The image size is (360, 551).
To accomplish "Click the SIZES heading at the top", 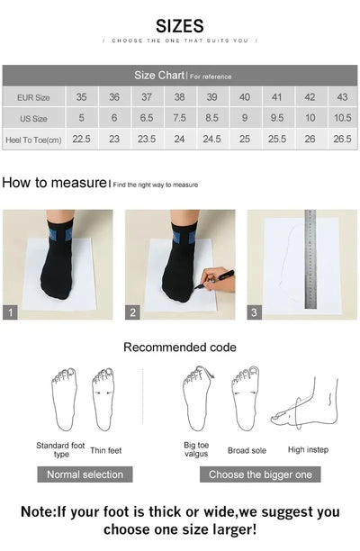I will (180, 26).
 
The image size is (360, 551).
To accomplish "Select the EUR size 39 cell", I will (212, 97).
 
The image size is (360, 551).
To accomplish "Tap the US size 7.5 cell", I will (179, 118).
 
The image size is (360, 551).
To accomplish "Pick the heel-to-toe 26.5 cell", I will (342, 139).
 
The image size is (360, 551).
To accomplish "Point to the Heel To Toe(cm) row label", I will (33, 140).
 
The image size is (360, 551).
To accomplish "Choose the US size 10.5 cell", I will (342, 118).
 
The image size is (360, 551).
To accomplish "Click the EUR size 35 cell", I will (81, 97).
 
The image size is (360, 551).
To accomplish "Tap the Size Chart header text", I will (159, 76).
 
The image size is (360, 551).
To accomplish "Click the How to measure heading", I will (54, 183).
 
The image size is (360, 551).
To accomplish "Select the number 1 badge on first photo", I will (10, 312).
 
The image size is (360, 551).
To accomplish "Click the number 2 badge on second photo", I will (132, 312).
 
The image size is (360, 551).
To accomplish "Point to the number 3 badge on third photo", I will (255, 312).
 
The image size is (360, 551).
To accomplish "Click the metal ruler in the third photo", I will (310, 258).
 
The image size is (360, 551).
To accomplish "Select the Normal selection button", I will (85, 474).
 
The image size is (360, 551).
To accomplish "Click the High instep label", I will (308, 449).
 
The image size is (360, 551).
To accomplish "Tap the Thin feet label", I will (106, 450).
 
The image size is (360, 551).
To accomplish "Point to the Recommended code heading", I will (180, 348).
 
